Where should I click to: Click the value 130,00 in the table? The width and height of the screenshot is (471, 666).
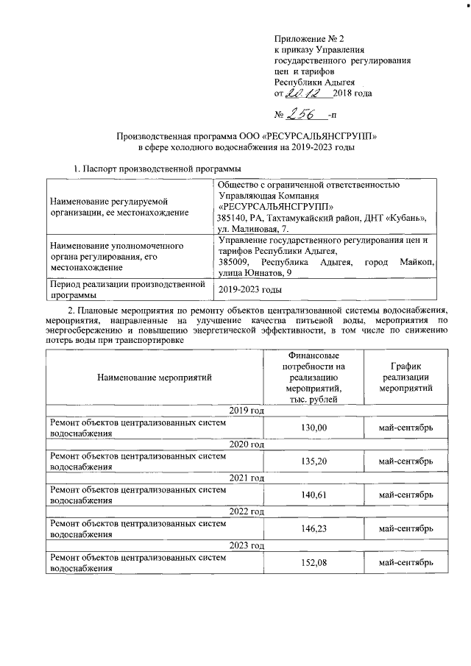315,428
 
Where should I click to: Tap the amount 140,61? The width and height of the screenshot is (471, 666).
315,495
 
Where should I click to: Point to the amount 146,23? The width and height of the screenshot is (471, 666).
315,529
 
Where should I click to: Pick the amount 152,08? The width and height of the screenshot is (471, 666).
315,563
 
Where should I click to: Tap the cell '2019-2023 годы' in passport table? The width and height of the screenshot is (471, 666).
251,290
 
